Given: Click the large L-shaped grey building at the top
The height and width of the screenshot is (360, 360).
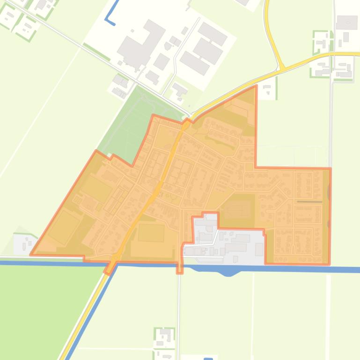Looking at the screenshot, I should (x=140, y=42).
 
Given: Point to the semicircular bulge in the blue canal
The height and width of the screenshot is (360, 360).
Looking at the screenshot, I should (x=228, y=272).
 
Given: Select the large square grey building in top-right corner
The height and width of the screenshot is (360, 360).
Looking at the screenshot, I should (x=347, y=22).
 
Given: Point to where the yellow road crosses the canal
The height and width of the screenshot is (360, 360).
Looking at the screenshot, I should (x=112, y=264).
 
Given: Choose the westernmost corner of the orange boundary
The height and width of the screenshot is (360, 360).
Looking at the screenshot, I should (x=31, y=255).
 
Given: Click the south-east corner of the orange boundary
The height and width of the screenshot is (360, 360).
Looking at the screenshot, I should (x=330, y=264).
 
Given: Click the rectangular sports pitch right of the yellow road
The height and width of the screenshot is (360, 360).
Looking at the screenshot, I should (x=151, y=233).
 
